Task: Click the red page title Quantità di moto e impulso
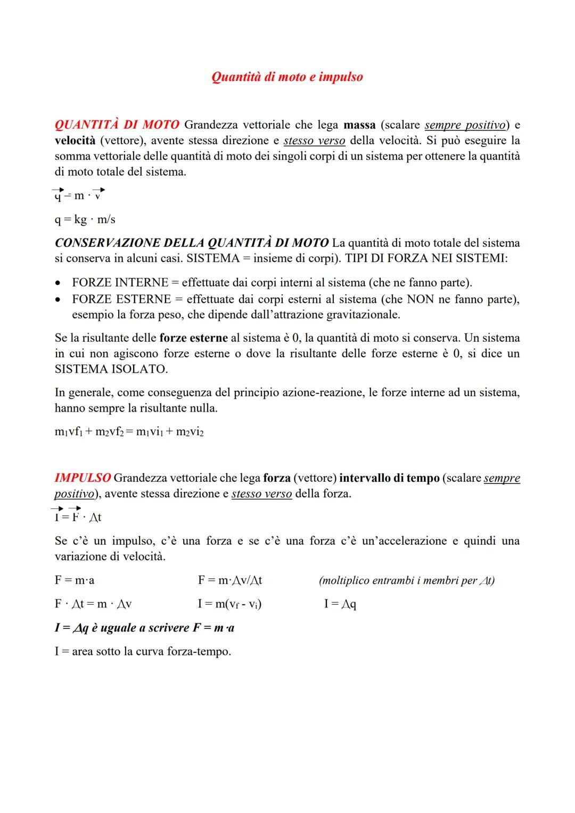[287, 77]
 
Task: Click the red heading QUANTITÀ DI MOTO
[117, 125]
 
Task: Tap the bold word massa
[359, 125]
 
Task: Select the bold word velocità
[75, 141]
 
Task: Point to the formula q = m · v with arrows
[79, 195]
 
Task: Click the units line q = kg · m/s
[85, 219]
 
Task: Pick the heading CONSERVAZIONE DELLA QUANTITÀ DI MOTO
[192, 243]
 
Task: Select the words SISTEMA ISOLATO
[111, 369]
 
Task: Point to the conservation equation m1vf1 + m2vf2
[129, 432]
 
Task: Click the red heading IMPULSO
[83, 478]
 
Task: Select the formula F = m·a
[75, 580]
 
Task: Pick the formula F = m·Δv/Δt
[229, 580]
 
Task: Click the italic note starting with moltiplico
[406, 580]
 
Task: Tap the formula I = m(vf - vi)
[229, 604]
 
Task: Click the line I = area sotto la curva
[143, 651]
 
